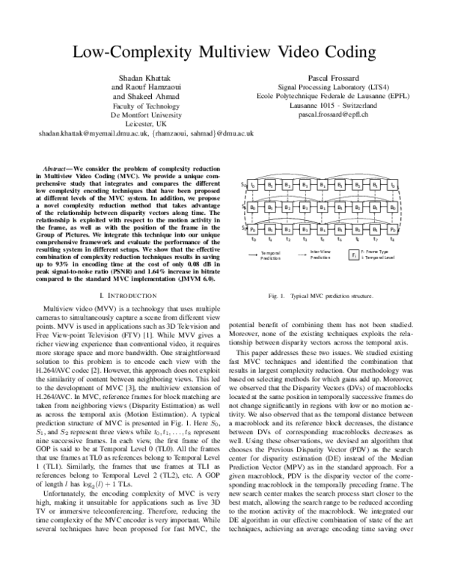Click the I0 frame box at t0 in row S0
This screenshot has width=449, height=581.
point(253,183)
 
